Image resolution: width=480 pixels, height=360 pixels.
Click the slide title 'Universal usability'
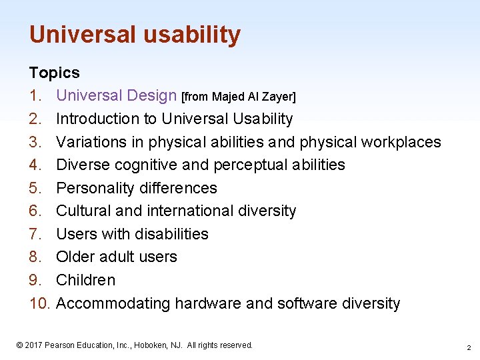[135, 35]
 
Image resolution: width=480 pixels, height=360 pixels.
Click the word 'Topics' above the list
[54, 73]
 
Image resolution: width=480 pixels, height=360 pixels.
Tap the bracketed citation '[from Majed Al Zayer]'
[239, 97]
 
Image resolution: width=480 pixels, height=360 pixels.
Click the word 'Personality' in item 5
[97, 188]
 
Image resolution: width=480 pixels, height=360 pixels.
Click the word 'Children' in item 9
[85, 280]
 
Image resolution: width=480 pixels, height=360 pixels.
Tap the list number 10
[40, 303]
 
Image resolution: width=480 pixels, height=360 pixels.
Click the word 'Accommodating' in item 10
[113, 303]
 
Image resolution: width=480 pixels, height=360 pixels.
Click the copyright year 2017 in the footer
[35, 345]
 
